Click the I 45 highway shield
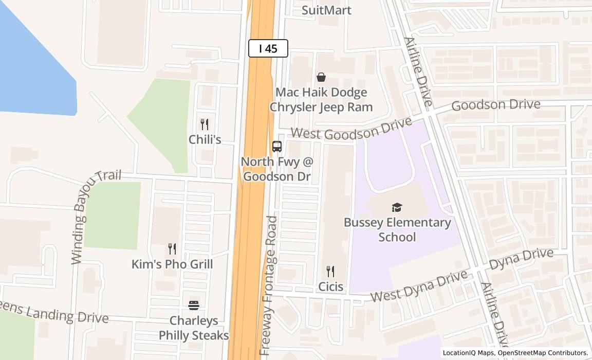pos(268,48)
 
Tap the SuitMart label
pos(326,10)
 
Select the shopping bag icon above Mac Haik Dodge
pos(321,77)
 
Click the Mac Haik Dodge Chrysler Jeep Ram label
pos(321,100)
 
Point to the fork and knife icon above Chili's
pos(205,124)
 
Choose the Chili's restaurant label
pos(205,139)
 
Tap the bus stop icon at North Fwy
pos(277,146)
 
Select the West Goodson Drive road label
pos(351,129)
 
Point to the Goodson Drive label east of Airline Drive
pos(496,105)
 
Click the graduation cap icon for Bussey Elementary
pos(397,208)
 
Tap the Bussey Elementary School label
pos(397,230)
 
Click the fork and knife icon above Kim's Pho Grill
pos(172,249)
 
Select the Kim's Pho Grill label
pos(172,264)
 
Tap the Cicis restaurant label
pos(330,286)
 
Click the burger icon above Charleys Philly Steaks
pos(194,305)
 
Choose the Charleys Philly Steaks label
pos(194,328)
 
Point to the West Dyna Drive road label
pos(419,287)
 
